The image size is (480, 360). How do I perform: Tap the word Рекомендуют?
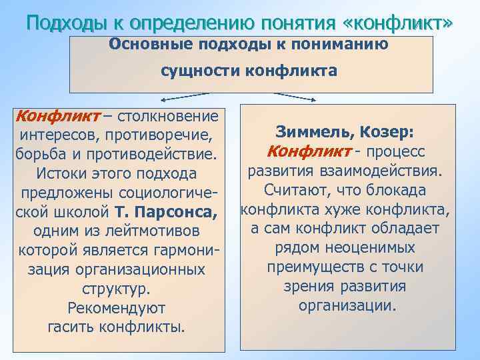click(117, 309)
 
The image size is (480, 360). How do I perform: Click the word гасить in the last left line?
click(72, 327)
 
